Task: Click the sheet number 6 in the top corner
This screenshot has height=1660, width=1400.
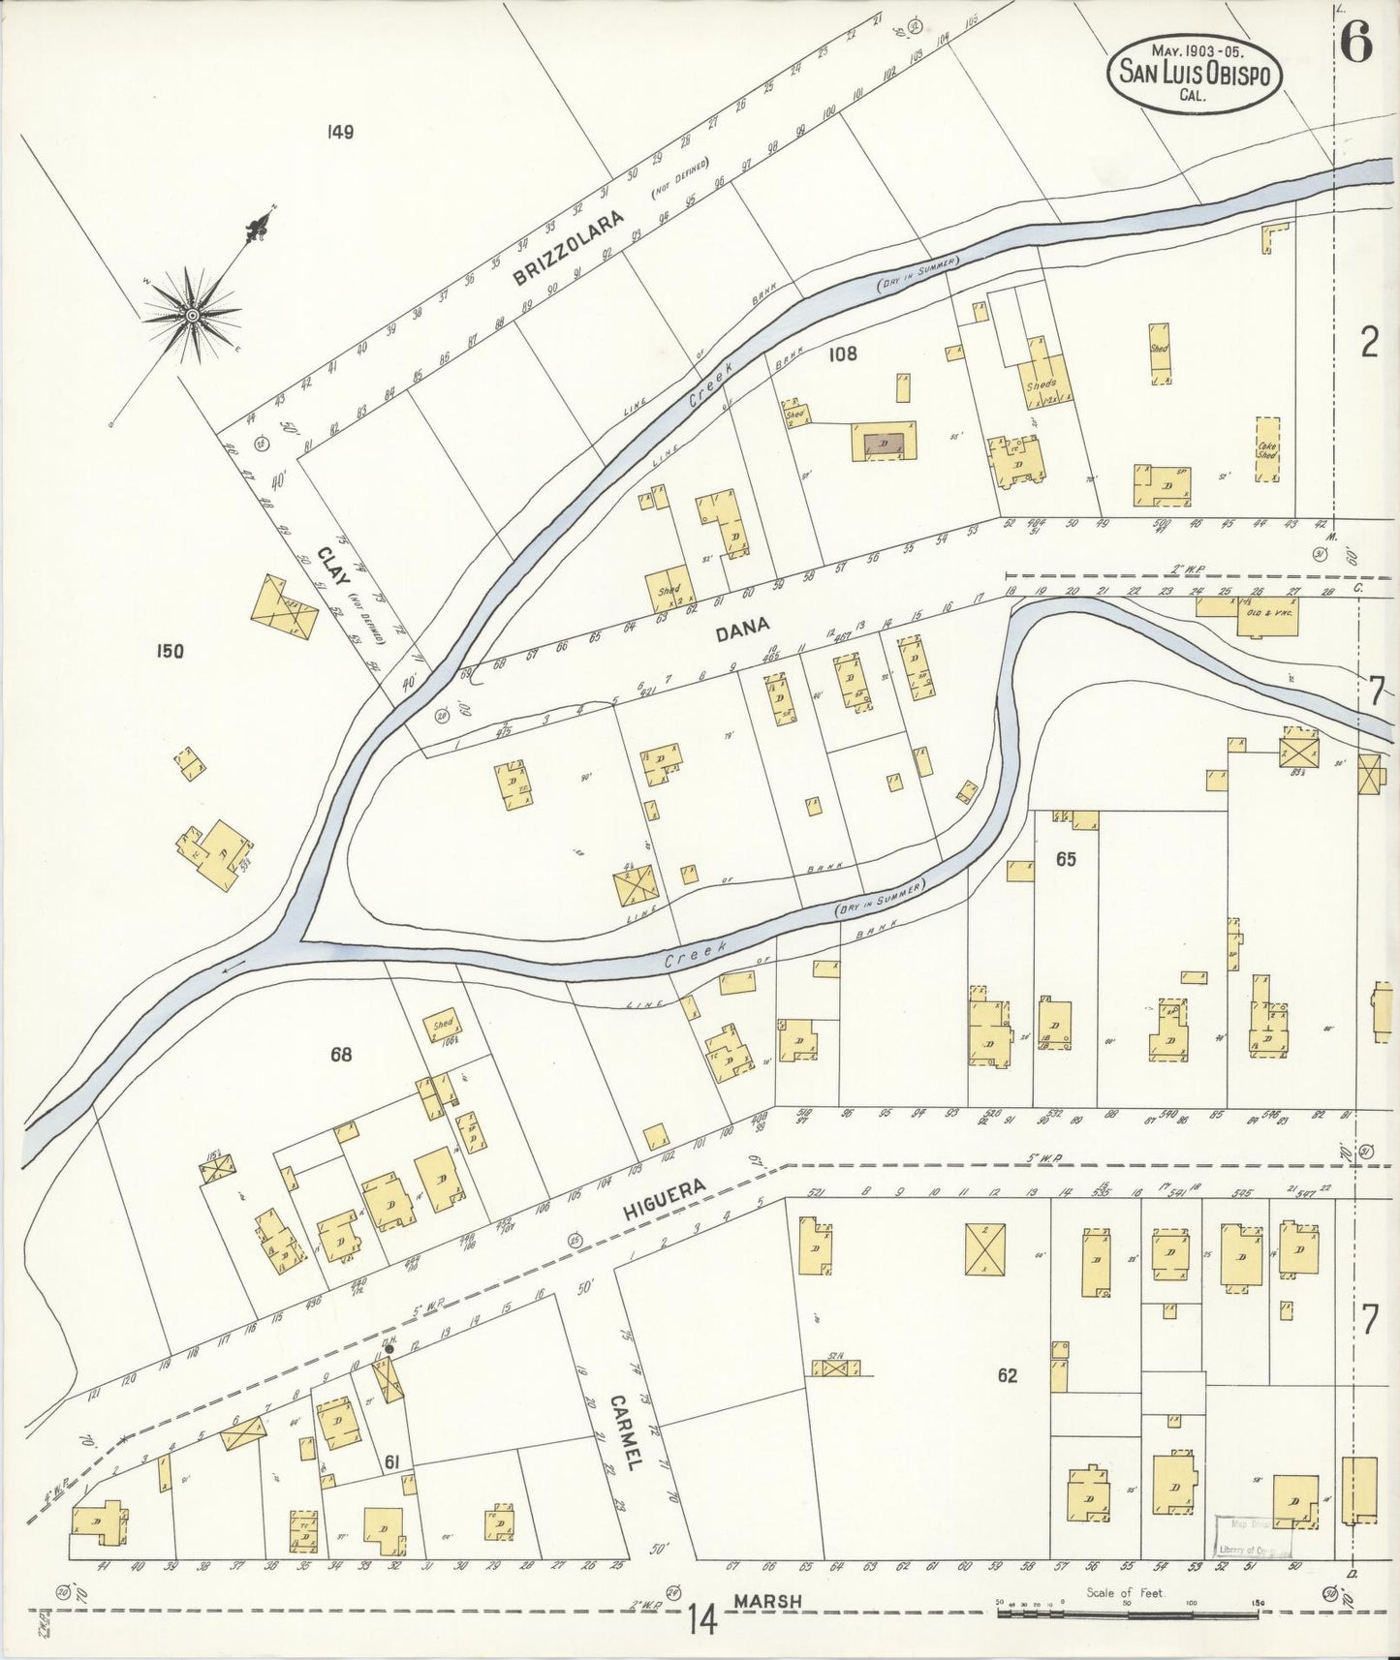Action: point(1355,43)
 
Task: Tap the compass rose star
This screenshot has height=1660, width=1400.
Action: point(193,315)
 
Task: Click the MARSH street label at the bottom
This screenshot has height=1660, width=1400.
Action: point(767,1601)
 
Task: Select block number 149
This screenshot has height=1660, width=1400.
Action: point(340,133)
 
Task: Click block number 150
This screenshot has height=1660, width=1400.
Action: point(170,651)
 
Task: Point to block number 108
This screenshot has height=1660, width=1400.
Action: point(842,354)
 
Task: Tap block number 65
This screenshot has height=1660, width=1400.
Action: point(1066,859)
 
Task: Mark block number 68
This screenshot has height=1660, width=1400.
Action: point(340,1055)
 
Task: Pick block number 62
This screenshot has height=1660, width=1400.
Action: point(1007,1375)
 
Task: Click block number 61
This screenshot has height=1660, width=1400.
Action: point(391,1460)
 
